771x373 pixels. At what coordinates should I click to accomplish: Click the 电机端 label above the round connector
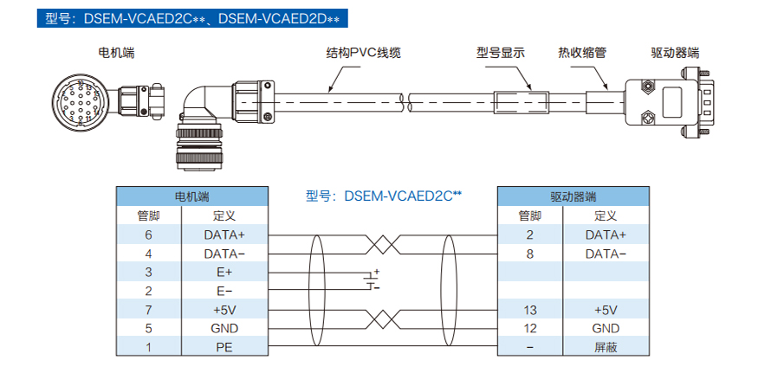click(116, 53)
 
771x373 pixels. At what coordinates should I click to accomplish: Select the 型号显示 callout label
click(501, 53)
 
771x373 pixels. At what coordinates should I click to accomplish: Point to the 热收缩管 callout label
click(581, 53)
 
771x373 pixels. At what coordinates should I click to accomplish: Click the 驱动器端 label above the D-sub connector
click(674, 53)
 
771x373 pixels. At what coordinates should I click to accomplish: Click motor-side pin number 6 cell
click(148, 235)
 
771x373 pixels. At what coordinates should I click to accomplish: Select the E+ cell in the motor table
click(224, 272)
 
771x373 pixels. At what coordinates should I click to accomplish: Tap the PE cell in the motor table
click(224, 347)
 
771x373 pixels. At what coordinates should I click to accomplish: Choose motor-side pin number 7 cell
click(148, 310)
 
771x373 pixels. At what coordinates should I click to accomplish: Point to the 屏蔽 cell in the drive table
click(606, 347)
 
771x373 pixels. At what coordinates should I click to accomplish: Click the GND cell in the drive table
click(606, 328)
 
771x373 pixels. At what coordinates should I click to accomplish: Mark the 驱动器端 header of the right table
click(573, 196)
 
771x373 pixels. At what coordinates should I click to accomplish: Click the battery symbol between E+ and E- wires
click(373, 280)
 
